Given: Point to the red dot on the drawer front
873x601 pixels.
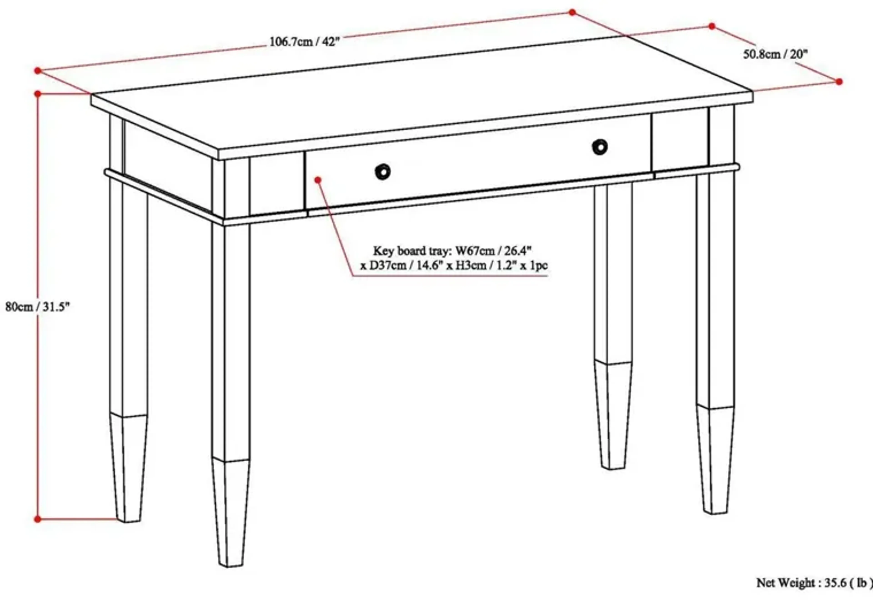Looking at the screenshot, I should point(318,180).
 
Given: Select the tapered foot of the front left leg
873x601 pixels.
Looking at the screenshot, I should point(230,512).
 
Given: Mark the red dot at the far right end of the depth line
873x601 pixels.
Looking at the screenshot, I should point(839,81).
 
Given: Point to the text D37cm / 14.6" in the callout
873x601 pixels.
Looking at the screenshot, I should point(406,266).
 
